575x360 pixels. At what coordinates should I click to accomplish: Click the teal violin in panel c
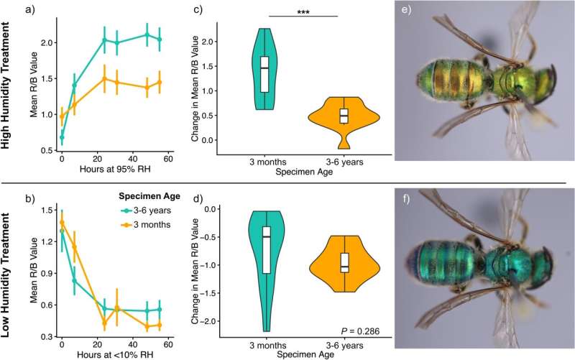[264, 69]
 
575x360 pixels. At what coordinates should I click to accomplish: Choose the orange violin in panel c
[344, 119]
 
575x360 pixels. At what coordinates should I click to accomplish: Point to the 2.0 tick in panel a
[45, 43]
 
